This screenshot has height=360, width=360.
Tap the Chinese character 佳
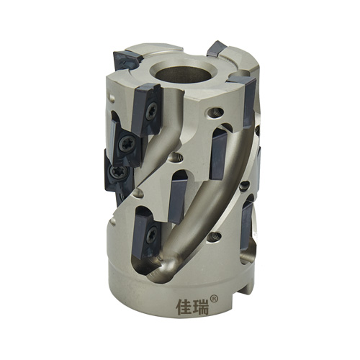185,306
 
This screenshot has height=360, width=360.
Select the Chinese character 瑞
200,306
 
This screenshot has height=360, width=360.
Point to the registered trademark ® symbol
214,299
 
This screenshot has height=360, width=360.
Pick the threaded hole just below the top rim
215,112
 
